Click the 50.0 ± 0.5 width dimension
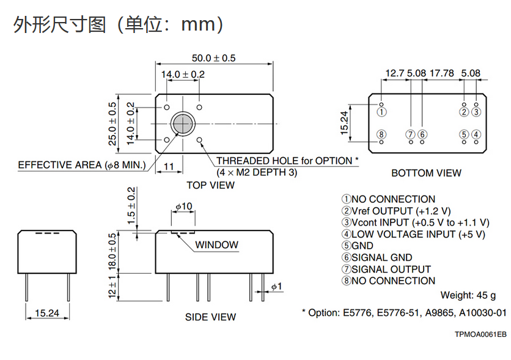(x=213, y=58)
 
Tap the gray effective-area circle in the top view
(x=183, y=123)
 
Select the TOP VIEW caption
(x=210, y=185)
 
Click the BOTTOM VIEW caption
(x=426, y=173)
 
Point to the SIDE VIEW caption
(x=210, y=317)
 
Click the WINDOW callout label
(x=217, y=244)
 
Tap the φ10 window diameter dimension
(x=184, y=206)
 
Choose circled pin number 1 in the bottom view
(x=381, y=112)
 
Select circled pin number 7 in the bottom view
(x=411, y=134)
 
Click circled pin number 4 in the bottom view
(x=476, y=134)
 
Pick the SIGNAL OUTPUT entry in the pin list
(x=386, y=269)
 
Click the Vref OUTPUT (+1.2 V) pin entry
(x=396, y=211)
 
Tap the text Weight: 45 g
(x=468, y=295)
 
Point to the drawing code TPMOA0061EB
(x=480, y=334)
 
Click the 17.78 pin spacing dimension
(x=441, y=73)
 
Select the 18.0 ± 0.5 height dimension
(x=112, y=252)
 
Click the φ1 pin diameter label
(x=276, y=287)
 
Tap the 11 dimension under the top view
(x=169, y=166)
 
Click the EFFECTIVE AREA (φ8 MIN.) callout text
(x=82, y=165)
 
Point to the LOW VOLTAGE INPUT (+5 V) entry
(x=413, y=234)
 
